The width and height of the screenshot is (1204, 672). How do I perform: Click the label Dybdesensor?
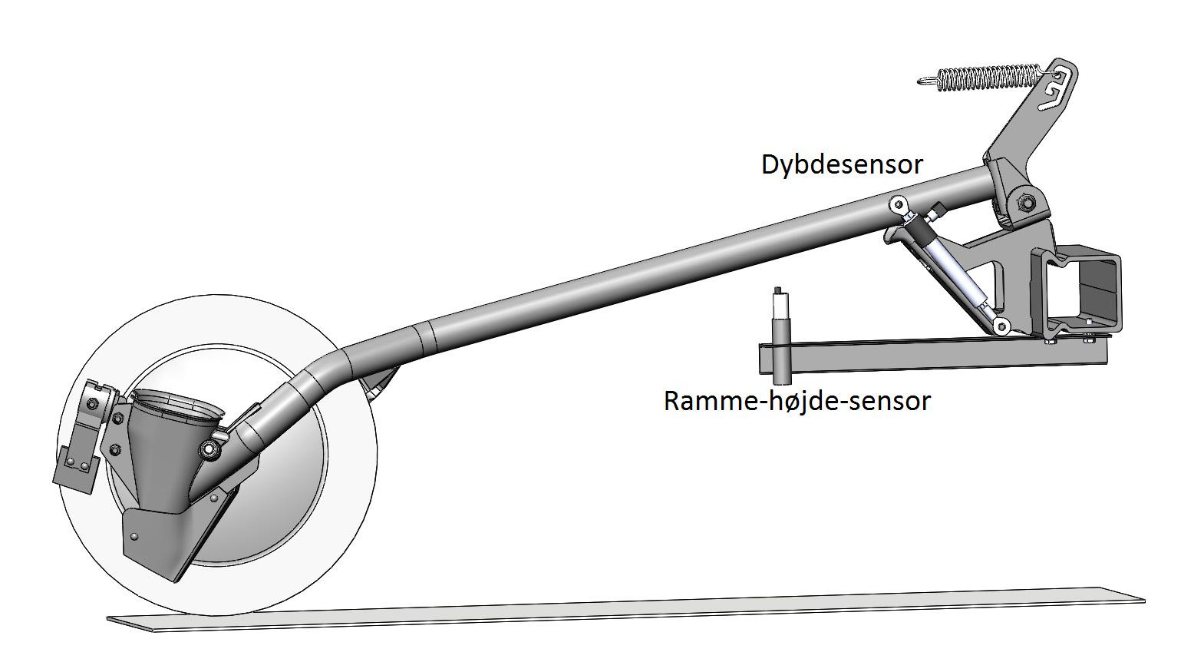pos(843,164)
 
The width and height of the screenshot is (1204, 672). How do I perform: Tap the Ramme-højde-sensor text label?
pos(797,402)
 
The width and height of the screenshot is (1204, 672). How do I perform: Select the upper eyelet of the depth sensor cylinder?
pos(896,204)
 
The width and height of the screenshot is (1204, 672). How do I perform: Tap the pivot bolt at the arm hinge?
pos(1024,202)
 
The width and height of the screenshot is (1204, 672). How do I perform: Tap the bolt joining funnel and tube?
pos(209,449)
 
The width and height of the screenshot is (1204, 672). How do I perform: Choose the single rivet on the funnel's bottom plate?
pos(134,536)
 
